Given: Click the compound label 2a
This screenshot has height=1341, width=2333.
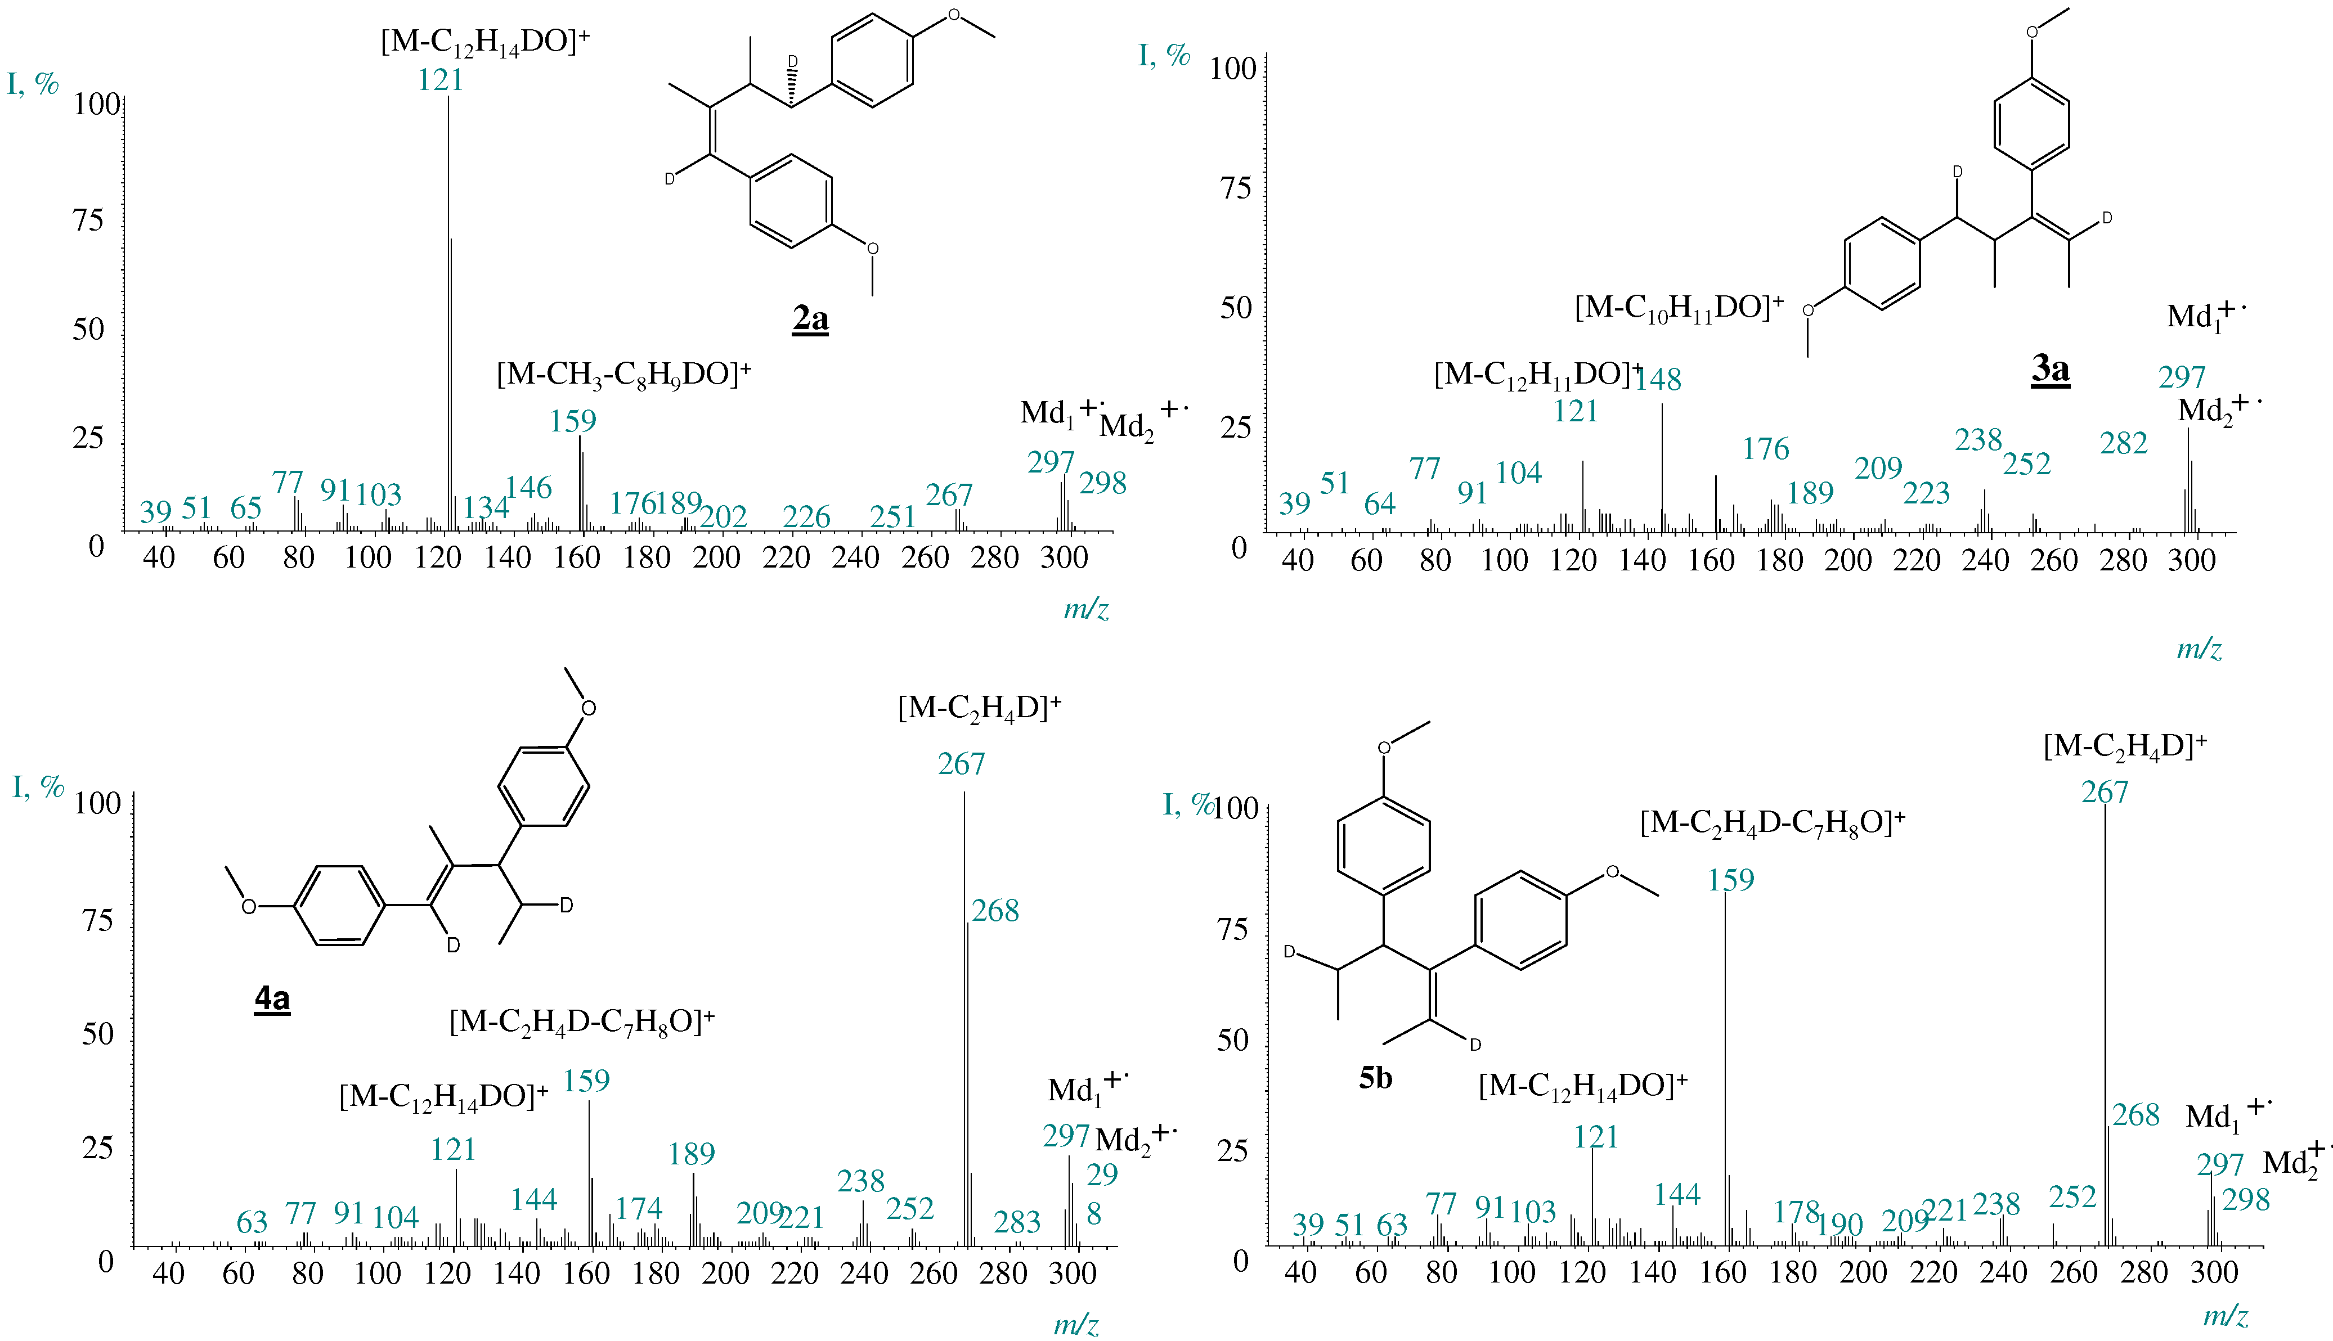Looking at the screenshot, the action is click(x=810, y=319).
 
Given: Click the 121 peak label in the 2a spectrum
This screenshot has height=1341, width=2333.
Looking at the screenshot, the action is click(x=441, y=80).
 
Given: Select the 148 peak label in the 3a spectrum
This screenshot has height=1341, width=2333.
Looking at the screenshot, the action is click(x=1658, y=380).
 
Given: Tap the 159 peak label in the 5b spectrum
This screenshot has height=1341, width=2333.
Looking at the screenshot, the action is click(x=1730, y=880).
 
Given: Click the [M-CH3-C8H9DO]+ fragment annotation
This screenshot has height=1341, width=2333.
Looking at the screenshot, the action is click(x=624, y=375).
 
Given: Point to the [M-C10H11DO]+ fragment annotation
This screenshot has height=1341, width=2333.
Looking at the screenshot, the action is click(x=1679, y=308).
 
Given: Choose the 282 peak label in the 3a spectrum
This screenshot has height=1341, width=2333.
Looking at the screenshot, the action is click(x=2124, y=443).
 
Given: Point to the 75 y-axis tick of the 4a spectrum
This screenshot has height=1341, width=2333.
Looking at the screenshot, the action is click(x=98, y=920).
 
